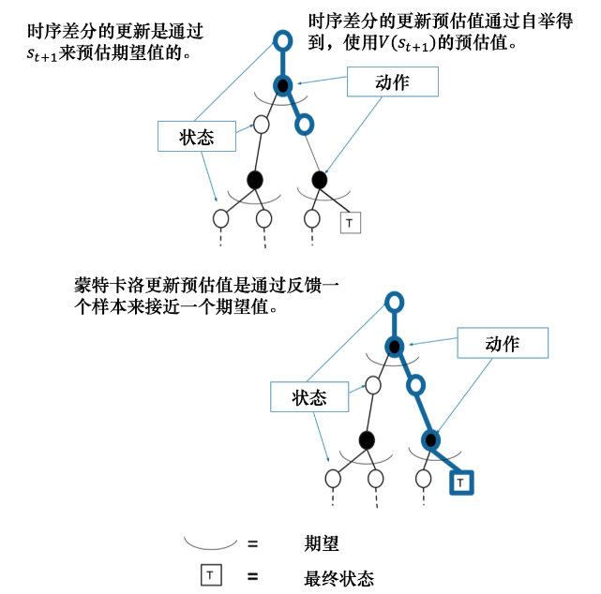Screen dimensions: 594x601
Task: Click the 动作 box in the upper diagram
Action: point(392,82)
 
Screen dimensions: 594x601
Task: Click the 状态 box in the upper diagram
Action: point(197,138)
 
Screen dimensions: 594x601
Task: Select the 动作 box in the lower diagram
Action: point(502,344)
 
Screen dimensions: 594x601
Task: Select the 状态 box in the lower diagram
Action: point(309,397)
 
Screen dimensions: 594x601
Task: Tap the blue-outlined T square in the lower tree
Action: point(461,483)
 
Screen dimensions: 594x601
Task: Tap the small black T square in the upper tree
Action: point(350,222)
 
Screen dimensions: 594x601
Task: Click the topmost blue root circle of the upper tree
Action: point(282,40)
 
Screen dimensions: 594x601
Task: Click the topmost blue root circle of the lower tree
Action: point(395,302)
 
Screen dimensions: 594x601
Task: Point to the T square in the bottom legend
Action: point(211,575)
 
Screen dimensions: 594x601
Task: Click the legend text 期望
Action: point(321,542)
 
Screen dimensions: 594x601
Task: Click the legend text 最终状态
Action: point(338,577)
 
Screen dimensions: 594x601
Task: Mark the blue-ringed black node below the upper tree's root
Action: point(282,86)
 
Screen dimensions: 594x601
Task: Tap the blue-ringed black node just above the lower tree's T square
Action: point(431,439)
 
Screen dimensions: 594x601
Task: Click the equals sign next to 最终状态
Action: point(252,576)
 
